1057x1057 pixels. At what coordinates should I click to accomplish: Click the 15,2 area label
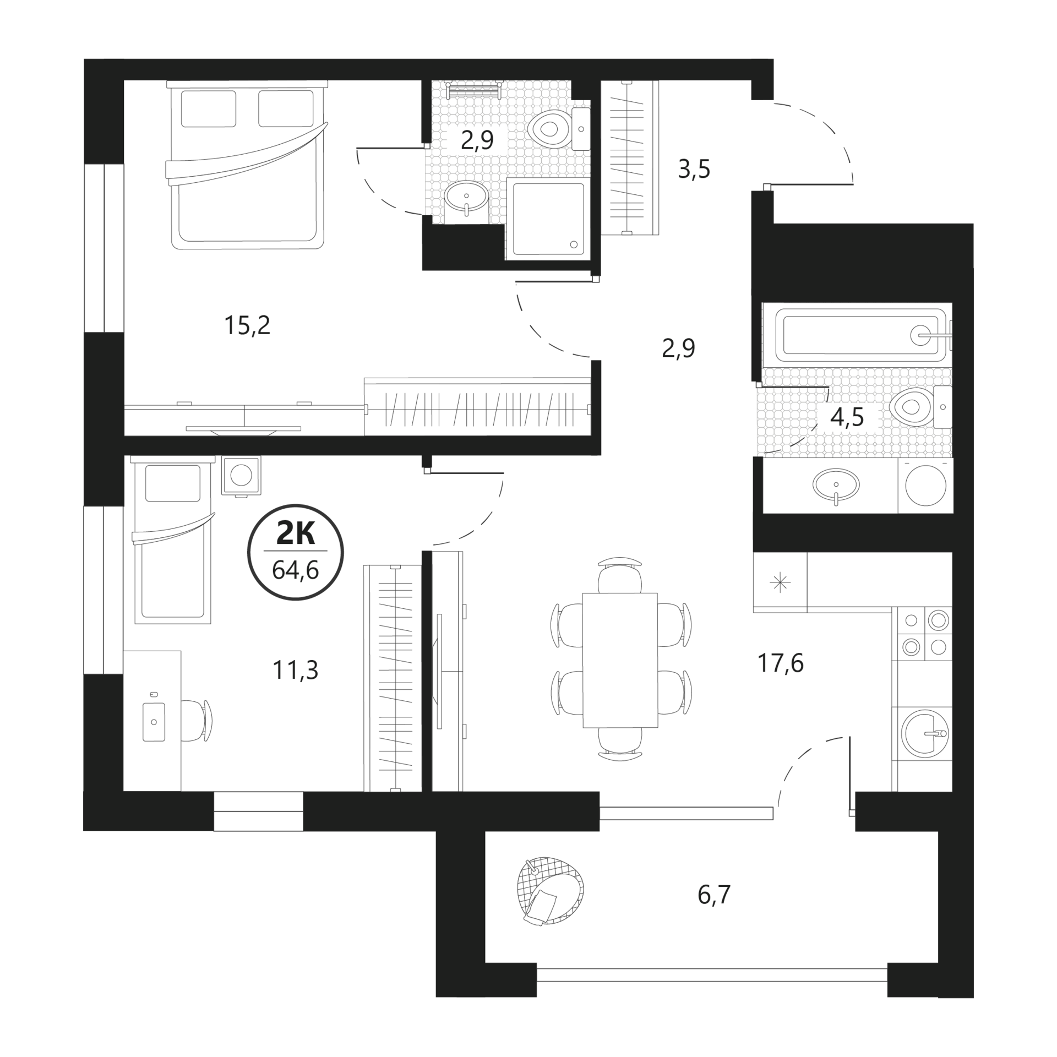point(247,326)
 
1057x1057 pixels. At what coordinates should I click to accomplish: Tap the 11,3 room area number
point(295,671)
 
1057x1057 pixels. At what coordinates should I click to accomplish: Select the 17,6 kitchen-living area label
point(781,663)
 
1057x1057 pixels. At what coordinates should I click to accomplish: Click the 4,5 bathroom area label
point(847,418)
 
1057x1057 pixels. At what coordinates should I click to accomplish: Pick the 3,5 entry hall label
point(694,170)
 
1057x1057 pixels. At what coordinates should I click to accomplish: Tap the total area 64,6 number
point(296,570)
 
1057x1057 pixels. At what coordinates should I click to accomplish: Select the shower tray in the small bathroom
point(548,219)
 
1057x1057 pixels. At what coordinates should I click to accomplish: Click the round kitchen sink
point(925,733)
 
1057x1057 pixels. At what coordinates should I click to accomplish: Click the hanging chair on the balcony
point(550,890)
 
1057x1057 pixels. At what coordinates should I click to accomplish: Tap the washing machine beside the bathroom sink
point(925,486)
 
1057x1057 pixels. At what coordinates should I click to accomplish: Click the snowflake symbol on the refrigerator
point(781,582)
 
